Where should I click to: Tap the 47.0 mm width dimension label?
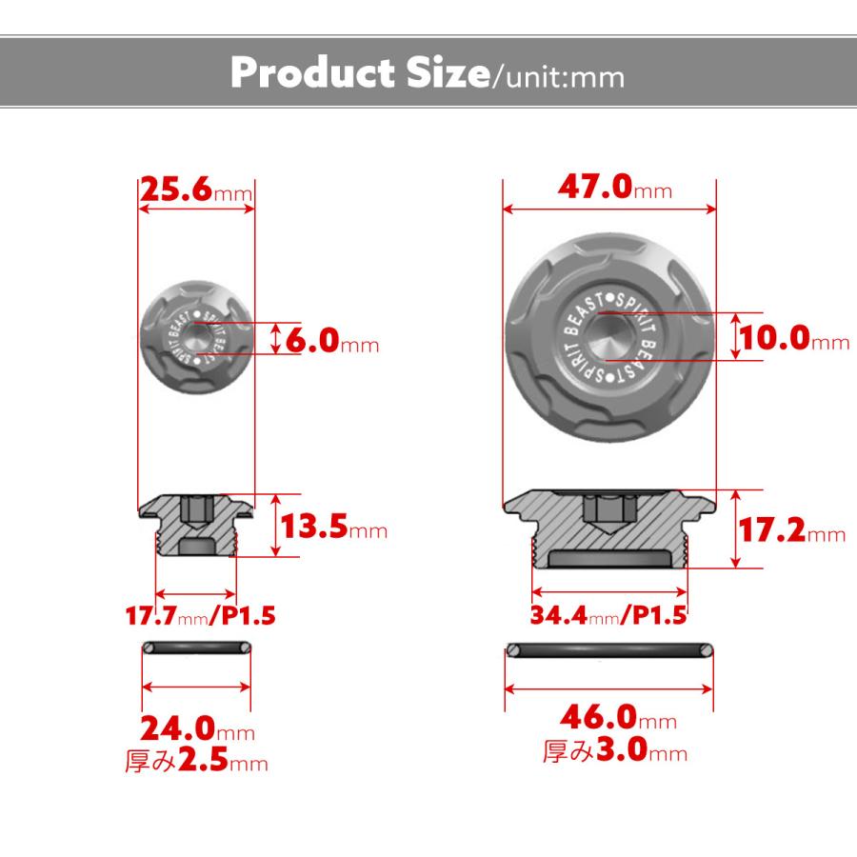tap(615, 187)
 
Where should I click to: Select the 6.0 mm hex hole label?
tap(332, 341)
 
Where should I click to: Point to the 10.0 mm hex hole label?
tap(795, 337)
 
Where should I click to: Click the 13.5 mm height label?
tap(334, 527)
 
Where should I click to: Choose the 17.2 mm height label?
tap(792, 529)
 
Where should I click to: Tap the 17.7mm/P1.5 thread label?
tap(201, 615)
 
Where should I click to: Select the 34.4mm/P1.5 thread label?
tap(608, 615)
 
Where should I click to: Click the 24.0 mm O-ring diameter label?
tap(197, 728)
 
